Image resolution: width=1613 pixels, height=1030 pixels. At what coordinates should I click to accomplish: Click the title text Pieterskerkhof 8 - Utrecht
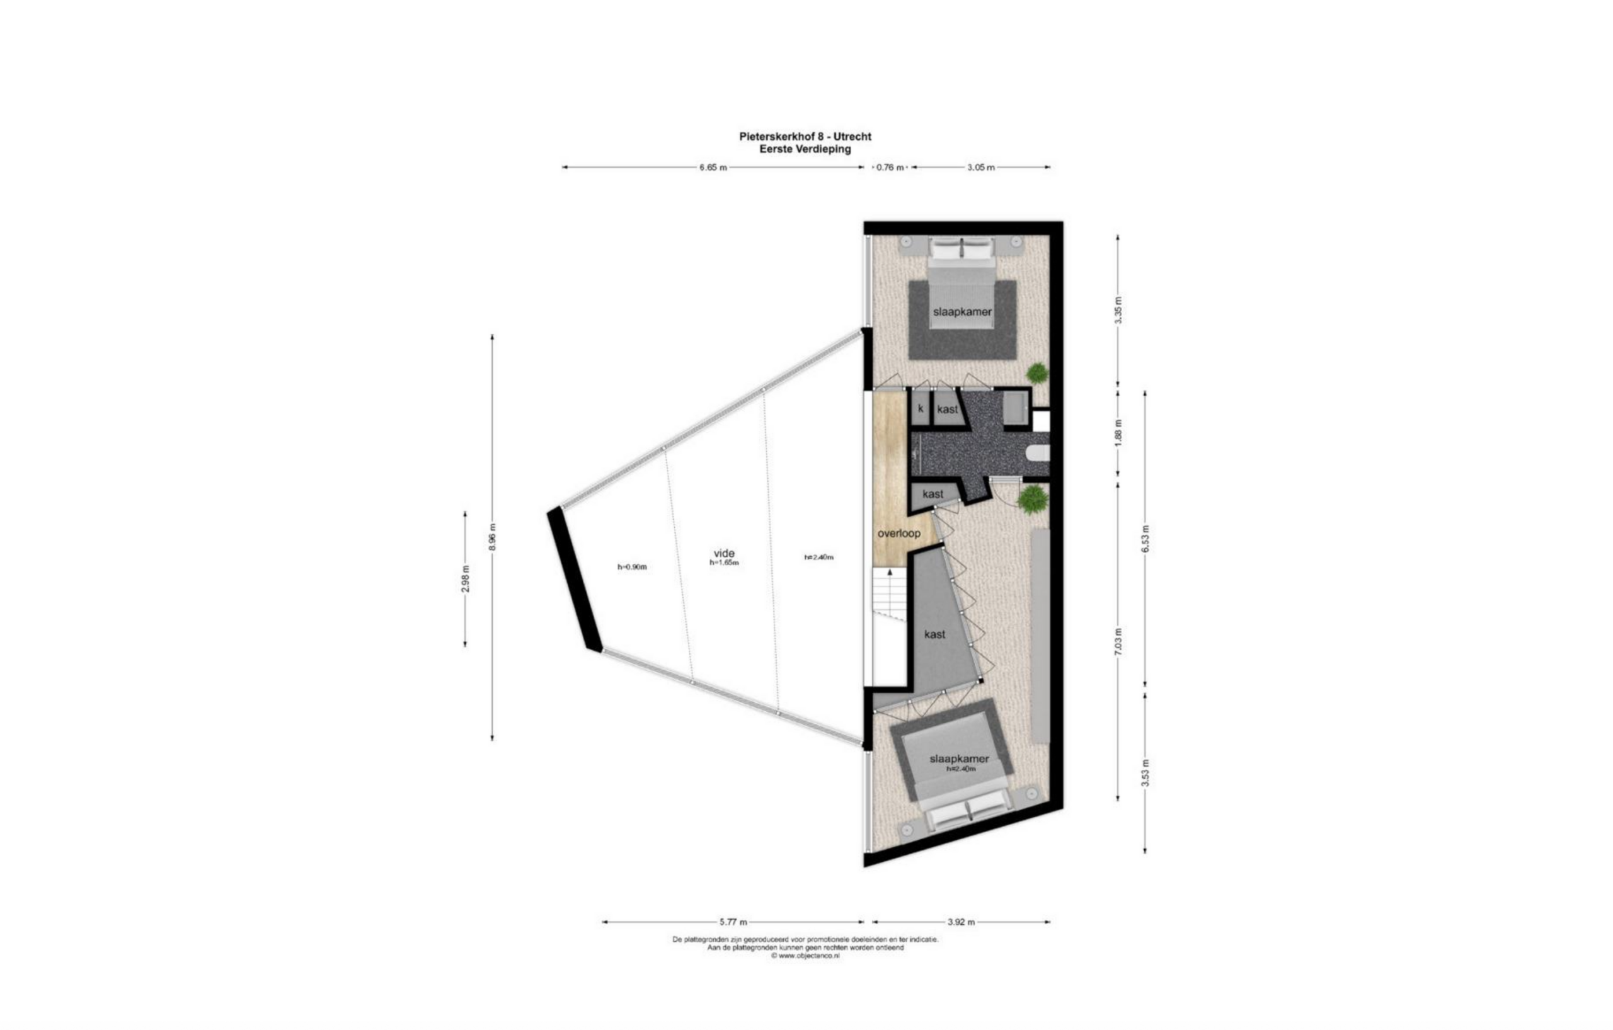(x=805, y=137)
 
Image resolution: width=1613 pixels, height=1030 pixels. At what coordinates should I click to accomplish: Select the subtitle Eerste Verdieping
(x=805, y=149)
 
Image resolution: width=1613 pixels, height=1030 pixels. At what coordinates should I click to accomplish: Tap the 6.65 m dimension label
(x=713, y=168)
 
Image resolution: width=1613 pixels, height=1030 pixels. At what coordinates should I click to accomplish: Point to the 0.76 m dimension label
(x=890, y=168)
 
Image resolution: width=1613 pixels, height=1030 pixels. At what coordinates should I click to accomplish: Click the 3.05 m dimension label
(x=980, y=168)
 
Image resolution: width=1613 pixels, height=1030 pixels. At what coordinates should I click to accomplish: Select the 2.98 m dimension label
(x=466, y=578)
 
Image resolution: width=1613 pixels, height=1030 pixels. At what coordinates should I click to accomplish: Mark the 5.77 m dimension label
(x=733, y=922)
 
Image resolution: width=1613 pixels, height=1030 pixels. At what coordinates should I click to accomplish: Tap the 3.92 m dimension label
(x=961, y=922)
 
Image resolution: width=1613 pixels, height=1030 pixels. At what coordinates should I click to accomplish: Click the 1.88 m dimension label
(x=1118, y=433)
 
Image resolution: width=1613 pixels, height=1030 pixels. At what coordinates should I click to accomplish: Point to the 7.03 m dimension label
(x=1118, y=641)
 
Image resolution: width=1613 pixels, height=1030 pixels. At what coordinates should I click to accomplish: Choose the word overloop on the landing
(x=899, y=534)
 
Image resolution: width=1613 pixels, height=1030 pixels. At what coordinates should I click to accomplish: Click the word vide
(x=724, y=553)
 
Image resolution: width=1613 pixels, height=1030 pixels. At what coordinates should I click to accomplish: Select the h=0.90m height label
(x=632, y=567)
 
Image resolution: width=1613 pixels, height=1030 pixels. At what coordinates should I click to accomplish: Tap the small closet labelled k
(x=921, y=408)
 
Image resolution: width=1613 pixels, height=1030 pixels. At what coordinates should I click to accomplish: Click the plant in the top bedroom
(x=1038, y=374)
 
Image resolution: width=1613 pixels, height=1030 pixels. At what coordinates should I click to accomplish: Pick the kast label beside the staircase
(x=934, y=634)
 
